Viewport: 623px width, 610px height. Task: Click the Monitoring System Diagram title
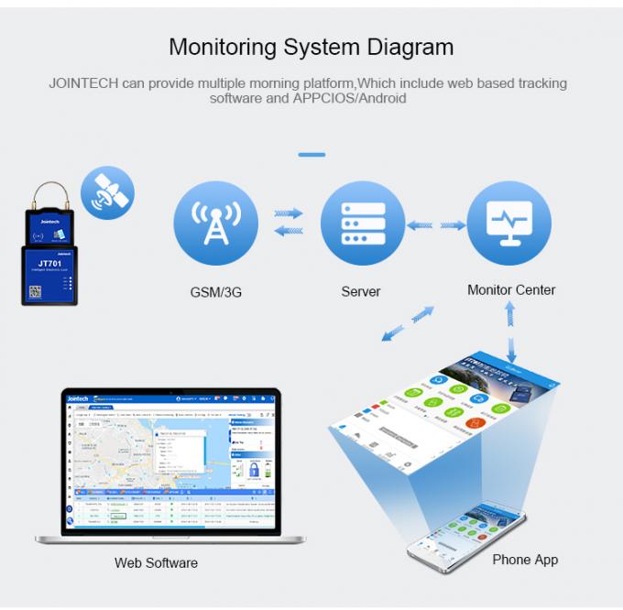(x=311, y=46)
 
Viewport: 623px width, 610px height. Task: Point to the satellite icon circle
(x=107, y=192)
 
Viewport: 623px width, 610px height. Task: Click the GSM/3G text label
(x=210, y=292)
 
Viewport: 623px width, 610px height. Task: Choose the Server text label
(x=360, y=291)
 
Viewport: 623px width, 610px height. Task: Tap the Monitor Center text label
(x=511, y=289)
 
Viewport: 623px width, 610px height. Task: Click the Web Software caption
(x=156, y=562)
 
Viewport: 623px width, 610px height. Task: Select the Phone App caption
(x=525, y=559)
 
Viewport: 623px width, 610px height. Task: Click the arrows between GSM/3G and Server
(x=289, y=222)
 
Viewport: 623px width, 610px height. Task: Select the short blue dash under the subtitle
(x=311, y=154)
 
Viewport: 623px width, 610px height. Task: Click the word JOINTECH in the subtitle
(x=84, y=83)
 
